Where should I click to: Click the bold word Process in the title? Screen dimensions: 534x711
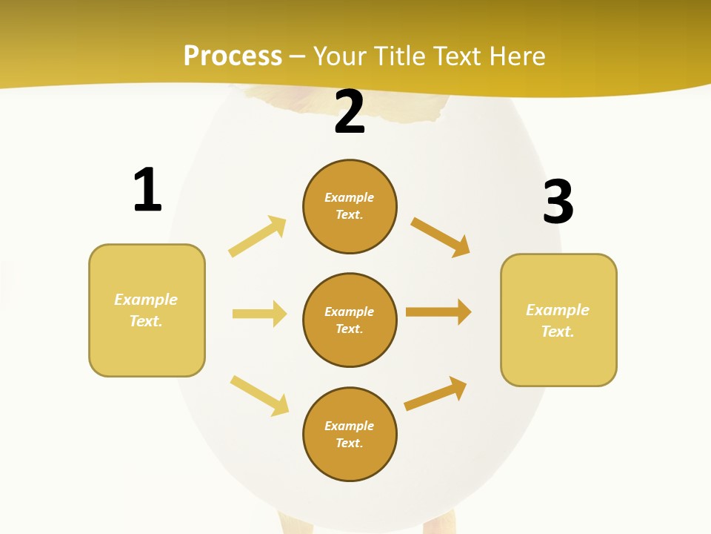click(233, 56)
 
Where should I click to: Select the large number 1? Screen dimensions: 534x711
click(147, 190)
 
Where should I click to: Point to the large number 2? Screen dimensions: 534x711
click(350, 112)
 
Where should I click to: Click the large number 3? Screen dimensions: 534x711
click(558, 202)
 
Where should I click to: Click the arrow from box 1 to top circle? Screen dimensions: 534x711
click(258, 236)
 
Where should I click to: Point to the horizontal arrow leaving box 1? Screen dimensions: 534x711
click(259, 314)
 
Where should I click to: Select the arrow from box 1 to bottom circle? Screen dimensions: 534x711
click(259, 395)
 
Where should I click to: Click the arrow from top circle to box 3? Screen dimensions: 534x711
click(440, 237)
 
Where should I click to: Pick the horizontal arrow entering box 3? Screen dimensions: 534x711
click(438, 311)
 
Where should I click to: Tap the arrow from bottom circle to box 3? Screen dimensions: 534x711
click(435, 393)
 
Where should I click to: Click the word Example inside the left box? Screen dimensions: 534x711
click(146, 300)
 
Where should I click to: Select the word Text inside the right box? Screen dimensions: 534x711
click(558, 332)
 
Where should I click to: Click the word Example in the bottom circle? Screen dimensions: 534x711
click(350, 426)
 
